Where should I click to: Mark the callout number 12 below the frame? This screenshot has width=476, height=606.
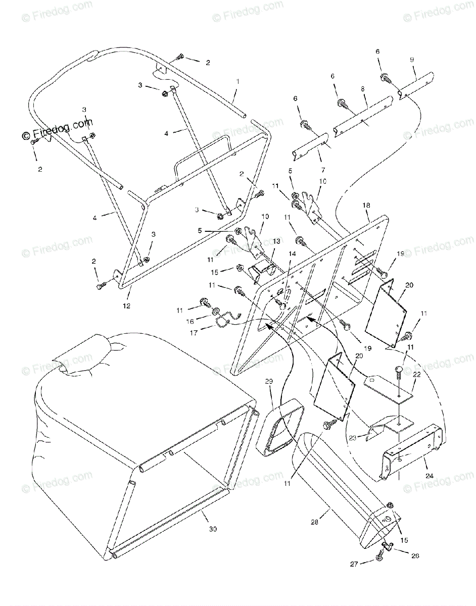coord(126,306)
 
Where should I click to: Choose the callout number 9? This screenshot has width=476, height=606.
coord(412,60)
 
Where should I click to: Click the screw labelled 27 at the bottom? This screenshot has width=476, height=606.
coord(378,558)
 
